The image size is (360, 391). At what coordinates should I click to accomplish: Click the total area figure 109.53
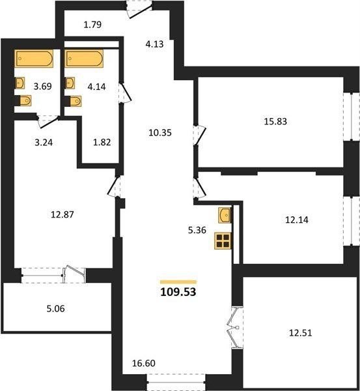tap(178, 292)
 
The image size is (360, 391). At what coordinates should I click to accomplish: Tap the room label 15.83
tap(275, 121)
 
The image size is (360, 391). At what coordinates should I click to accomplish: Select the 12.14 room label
tap(296, 220)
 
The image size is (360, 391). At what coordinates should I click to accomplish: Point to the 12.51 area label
tap(301, 333)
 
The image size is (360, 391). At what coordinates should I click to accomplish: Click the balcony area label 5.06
tap(55, 309)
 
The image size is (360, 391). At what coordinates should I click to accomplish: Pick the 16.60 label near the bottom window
tap(143, 364)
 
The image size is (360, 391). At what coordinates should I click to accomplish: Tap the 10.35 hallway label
tap(160, 133)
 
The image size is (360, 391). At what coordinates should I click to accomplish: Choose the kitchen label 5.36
tap(197, 230)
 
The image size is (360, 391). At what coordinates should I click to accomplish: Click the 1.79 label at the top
tap(92, 25)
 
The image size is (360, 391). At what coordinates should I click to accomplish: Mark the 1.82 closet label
tap(102, 142)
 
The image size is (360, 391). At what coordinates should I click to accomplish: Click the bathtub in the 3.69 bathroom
tap(34, 59)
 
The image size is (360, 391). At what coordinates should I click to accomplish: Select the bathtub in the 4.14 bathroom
tap(84, 59)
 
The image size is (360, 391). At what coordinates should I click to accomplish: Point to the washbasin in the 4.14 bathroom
tap(70, 83)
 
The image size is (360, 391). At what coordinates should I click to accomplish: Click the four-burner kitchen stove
tap(223, 241)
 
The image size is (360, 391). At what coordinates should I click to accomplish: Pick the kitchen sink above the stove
tap(225, 215)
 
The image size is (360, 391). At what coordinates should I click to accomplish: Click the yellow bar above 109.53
tap(178, 282)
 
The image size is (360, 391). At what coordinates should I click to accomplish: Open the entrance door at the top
tap(139, 10)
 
